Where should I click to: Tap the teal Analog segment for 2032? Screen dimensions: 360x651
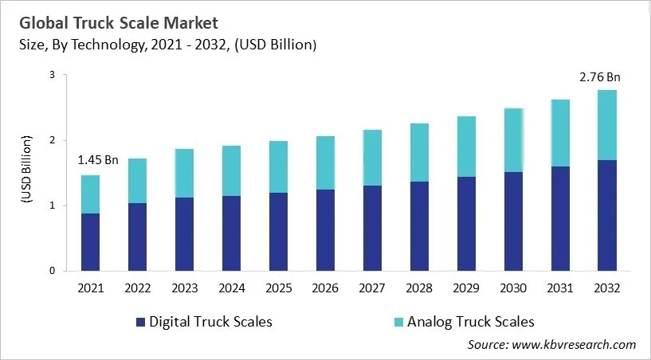point(606,125)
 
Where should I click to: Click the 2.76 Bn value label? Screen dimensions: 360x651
point(599,77)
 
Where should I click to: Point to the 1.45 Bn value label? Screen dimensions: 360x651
point(97,160)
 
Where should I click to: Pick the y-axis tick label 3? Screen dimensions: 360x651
point(52,75)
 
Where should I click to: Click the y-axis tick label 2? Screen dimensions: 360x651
point(52,140)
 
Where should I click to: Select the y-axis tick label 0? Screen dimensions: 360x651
point(52,271)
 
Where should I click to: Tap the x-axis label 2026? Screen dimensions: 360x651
point(324,288)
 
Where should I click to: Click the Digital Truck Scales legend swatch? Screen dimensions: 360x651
point(141,323)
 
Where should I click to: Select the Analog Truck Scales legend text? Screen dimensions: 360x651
point(470,322)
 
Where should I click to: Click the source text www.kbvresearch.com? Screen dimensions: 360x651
point(574,345)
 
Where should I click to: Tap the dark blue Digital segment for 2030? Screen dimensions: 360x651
point(512,221)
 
